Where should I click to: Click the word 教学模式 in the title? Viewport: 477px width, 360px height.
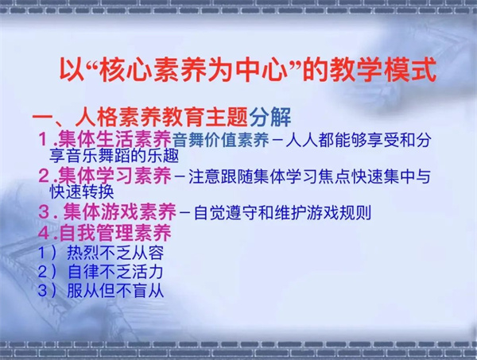(383, 71)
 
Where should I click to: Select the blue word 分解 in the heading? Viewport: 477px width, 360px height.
(270, 118)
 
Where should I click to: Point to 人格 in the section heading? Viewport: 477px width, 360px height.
(96, 118)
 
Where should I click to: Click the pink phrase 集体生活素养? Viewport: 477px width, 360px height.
(114, 140)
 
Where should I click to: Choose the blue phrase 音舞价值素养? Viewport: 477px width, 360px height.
(220, 140)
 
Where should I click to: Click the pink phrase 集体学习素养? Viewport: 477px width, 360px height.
(114, 176)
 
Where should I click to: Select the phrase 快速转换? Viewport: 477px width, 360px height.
(82, 192)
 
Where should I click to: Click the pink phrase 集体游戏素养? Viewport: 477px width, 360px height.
(119, 211)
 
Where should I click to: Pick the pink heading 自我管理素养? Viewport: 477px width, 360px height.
(115, 233)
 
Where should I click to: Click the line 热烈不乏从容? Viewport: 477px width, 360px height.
(115, 253)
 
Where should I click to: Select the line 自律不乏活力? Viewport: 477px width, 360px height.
(115, 272)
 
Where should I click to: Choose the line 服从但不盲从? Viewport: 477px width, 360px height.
(115, 291)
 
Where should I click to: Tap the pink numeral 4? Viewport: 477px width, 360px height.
(44, 234)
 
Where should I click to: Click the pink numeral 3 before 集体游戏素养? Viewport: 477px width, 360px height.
(44, 212)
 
